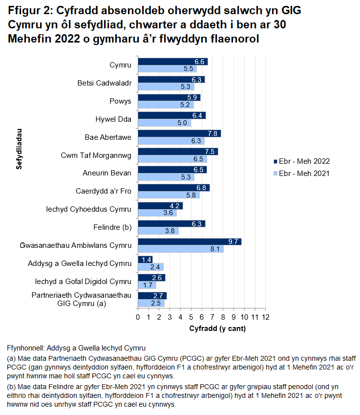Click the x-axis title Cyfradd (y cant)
coord(217,328)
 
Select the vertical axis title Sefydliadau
coord(19,149)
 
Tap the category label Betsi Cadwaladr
coord(105,83)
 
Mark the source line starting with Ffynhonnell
coord(76,349)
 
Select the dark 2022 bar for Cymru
coord(172,62)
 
